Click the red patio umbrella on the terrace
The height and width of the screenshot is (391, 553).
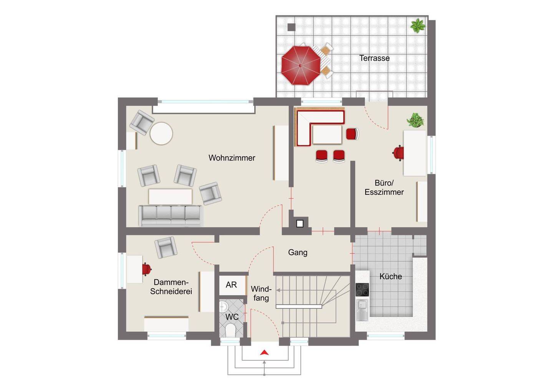(x=301, y=65)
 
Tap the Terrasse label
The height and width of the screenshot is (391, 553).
(x=374, y=58)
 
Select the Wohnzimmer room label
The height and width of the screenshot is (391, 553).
(x=232, y=158)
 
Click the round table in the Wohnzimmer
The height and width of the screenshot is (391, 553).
(x=161, y=133)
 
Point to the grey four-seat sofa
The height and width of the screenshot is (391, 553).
(x=170, y=216)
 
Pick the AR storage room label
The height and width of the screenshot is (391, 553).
(x=231, y=285)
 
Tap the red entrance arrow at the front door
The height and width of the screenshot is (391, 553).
(x=264, y=352)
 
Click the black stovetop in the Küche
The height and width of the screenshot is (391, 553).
(x=362, y=290)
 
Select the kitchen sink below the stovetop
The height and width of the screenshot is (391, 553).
(x=362, y=310)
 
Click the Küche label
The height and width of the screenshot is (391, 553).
(x=391, y=276)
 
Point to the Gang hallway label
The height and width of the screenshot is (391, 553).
(x=298, y=252)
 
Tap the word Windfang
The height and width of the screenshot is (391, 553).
(x=261, y=293)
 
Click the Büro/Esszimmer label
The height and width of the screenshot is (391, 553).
(x=384, y=187)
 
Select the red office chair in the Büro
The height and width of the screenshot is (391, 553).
(x=398, y=153)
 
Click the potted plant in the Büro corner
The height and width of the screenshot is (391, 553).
(x=416, y=120)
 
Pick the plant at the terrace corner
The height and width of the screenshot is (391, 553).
(x=417, y=26)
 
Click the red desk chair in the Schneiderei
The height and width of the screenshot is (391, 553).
(x=146, y=269)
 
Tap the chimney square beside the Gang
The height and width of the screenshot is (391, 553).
(x=300, y=224)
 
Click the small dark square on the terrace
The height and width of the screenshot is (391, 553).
(x=291, y=27)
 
